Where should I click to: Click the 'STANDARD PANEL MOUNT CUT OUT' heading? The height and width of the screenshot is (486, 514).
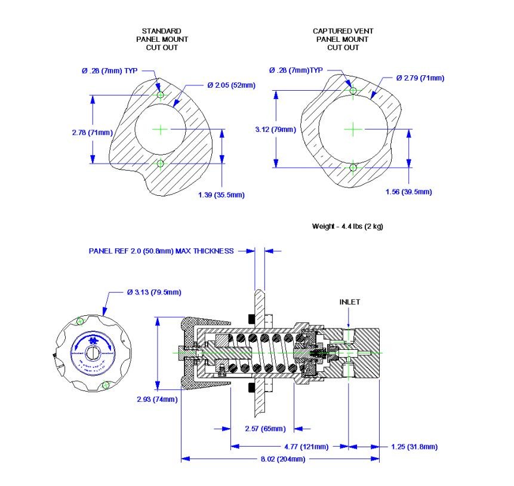coord(161,39)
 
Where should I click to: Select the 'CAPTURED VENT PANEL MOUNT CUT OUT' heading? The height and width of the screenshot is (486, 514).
coord(343,39)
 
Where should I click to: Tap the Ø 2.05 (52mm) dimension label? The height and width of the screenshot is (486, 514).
coord(231,85)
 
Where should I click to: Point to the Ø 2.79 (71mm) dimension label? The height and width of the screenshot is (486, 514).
coord(420,78)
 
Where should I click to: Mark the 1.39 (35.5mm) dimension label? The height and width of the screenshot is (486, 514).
coord(221,195)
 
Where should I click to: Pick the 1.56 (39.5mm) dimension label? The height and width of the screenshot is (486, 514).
coord(408,192)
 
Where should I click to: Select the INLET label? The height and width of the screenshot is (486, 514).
coord(350,302)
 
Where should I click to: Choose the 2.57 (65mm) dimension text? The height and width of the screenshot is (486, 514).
coord(265,429)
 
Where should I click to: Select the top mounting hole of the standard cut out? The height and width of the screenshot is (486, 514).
coord(159,94)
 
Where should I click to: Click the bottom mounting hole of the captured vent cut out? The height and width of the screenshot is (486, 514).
coord(353,167)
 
